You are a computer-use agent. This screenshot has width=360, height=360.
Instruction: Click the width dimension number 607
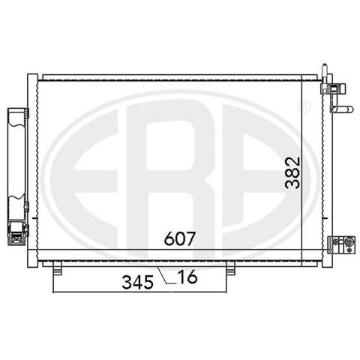click(x=179, y=238)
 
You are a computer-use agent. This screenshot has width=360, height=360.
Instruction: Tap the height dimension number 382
click(x=292, y=172)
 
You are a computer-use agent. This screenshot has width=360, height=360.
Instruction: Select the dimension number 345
click(x=137, y=283)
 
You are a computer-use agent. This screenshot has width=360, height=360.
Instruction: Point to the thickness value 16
click(x=187, y=277)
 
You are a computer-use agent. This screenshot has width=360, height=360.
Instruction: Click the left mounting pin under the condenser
click(x=57, y=268)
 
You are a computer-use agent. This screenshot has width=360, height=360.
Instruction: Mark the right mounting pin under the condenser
click(x=230, y=268)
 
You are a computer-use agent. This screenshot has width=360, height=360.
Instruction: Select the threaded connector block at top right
click(x=333, y=88)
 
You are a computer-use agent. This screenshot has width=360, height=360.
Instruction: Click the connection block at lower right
click(x=341, y=245)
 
